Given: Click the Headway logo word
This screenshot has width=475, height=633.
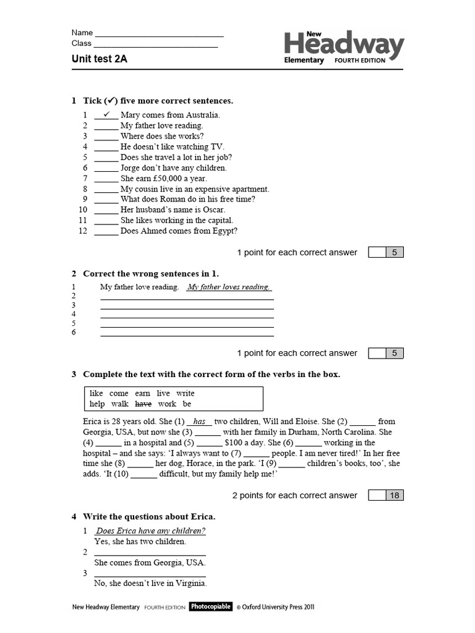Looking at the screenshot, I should pyautogui.click(x=344, y=45).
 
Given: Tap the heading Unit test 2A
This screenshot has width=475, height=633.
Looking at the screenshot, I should pyautogui.click(x=100, y=59).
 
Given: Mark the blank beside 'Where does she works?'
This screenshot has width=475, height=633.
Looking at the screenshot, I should pyautogui.click(x=106, y=137).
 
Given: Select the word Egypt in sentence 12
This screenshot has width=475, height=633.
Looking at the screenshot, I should pyautogui.click(x=225, y=231).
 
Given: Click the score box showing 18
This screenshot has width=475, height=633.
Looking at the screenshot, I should pyautogui.click(x=394, y=495).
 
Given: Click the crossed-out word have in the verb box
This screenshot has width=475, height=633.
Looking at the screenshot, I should pyautogui.click(x=143, y=404).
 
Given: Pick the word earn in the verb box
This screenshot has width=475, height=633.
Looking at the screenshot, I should pyautogui.click(x=142, y=393).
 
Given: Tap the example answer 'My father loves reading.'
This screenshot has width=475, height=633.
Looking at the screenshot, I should pyautogui.click(x=229, y=287).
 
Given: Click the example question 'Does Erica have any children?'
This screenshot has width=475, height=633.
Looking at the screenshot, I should pyautogui.click(x=150, y=531).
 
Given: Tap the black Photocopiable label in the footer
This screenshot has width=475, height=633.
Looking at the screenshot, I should pyautogui.click(x=210, y=607).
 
